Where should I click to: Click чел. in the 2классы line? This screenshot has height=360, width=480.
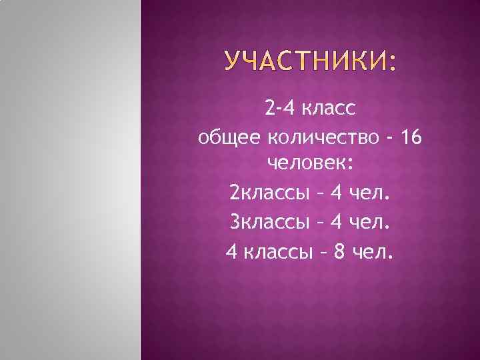coord(371,193)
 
